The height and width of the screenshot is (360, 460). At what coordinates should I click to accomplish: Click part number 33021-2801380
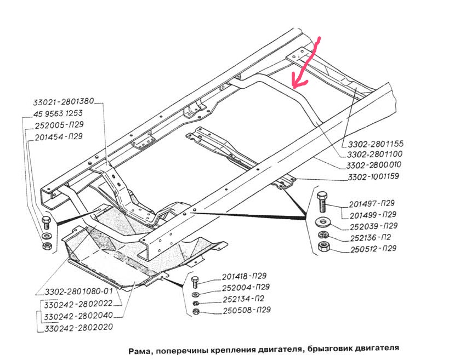point(64,101)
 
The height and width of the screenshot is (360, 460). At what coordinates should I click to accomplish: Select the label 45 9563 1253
point(59,114)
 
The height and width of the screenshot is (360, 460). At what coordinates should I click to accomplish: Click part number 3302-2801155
point(375,144)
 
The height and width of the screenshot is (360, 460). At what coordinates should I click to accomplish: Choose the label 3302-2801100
point(375,155)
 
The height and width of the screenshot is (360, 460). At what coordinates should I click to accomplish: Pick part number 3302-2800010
point(375,165)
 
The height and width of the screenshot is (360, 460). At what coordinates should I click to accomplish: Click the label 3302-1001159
point(375,177)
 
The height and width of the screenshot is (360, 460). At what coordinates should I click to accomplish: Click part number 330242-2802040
point(78,316)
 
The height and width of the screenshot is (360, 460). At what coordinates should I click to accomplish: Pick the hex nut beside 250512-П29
point(322,248)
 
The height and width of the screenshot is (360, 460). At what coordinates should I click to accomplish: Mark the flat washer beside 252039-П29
point(322,222)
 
